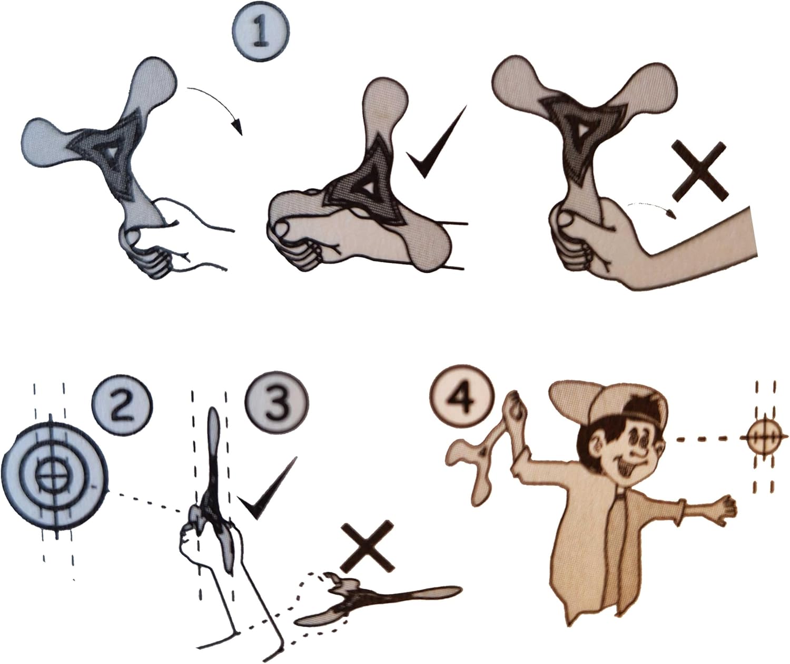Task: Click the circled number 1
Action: pos(261,33)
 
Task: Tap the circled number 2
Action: pos(122,405)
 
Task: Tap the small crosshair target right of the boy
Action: pos(764,438)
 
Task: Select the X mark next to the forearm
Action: pos(700,170)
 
